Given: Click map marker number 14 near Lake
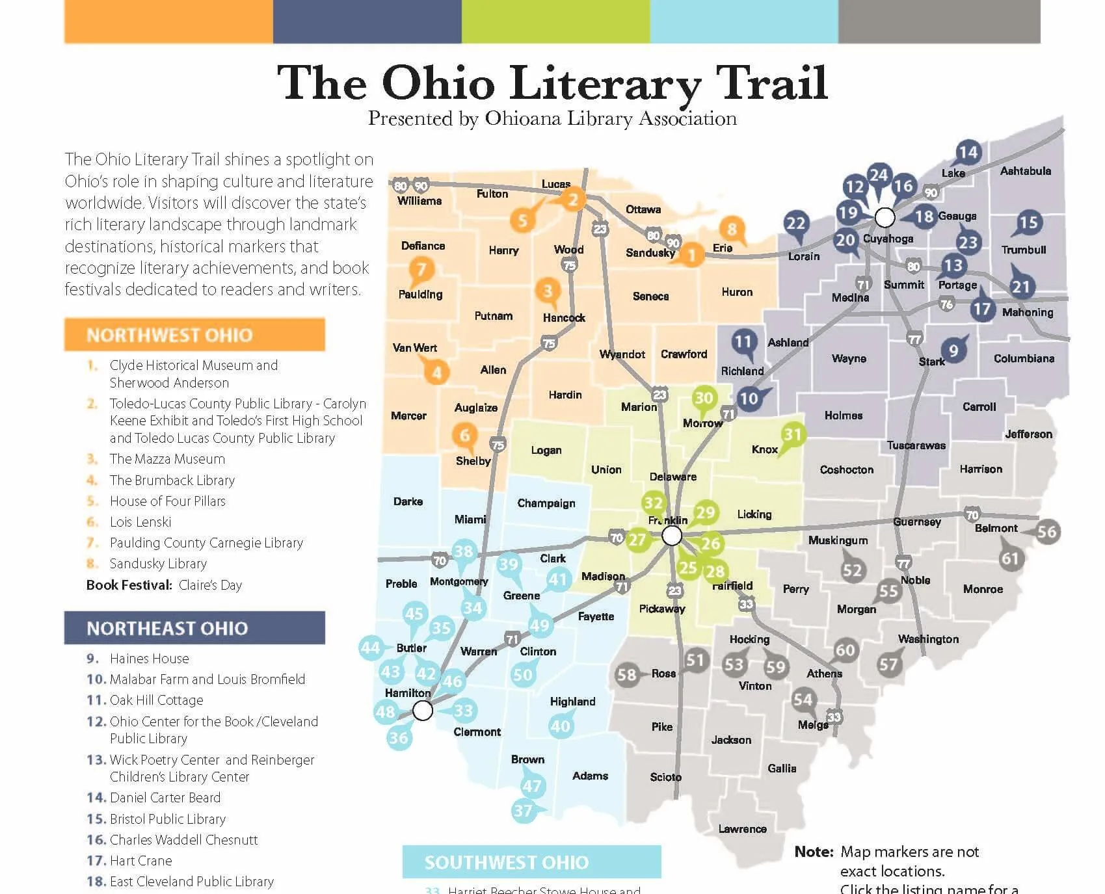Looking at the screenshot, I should pos(968,152).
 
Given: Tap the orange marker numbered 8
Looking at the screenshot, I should pos(732,229).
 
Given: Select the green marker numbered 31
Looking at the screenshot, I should pos(792,434).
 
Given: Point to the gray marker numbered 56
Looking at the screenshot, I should pos(1046,532).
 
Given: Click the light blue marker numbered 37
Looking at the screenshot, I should pos(523,811).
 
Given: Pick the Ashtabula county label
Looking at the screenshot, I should pos(1025,171).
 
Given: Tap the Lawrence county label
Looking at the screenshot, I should pos(742,829).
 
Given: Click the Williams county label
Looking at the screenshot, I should pos(419,202).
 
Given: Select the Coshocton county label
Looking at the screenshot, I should pos(846,469).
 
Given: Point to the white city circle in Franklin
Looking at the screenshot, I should pos(672,536).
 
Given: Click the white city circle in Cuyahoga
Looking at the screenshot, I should pos(885,217).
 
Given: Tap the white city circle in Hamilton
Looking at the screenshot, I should pos(423,711).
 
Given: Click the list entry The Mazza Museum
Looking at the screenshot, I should pos(167,459).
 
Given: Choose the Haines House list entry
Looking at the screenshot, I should pos(149,659).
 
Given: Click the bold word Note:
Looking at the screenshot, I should pos(814,852).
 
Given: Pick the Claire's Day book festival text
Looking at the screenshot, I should pos(210,585).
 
